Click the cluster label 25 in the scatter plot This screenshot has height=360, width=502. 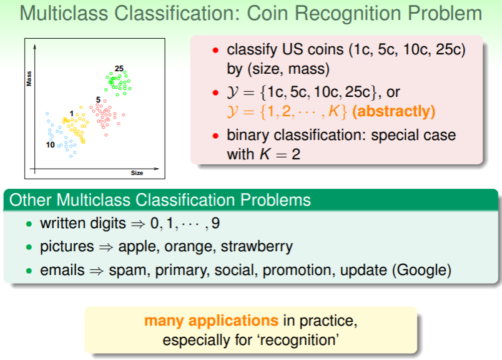click(x=119, y=69)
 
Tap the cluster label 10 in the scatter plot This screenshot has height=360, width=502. click(x=51, y=145)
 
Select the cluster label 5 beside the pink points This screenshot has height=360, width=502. click(x=98, y=100)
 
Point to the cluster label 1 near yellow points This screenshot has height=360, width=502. click(x=72, y=114)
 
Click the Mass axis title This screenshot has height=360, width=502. click(x=29, y=79)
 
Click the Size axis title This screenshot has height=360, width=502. click(x=137, y=172)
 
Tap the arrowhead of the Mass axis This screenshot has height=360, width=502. click(x=34, y=47)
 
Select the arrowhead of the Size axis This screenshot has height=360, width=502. click(x=156, y=169)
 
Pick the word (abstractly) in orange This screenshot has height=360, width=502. click(x=393, y=111)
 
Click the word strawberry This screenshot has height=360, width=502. click(x=257, y=247)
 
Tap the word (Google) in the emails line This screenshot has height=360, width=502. click(x=421, y=270)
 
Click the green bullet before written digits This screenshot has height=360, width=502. click(x=29, y=224)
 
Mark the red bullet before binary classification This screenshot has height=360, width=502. click(x=215, y=136)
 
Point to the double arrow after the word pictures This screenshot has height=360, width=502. click(x=106, y=247)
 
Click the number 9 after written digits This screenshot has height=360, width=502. click(x=215, y=223)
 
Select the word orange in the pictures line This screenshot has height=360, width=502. click(x=190, y=247)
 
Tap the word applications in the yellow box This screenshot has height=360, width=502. click(x=234, y=321)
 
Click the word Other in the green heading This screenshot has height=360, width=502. click(x=30, y=200)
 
